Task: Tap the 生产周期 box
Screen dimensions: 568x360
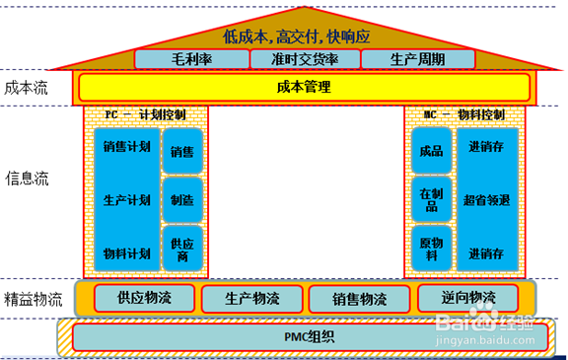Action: click(418, 59)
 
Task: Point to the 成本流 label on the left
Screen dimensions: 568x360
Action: click(27, 87)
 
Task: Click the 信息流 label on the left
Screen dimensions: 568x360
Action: click(27, 180)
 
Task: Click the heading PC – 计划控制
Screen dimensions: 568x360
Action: click(147, 114)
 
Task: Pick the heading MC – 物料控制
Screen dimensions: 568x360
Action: click(464, 114)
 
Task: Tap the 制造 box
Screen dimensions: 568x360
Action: click(181, 199)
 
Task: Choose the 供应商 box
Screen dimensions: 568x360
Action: click(181, 250)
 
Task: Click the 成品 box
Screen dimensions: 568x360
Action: click(431, 151)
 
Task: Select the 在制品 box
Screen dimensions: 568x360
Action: click(431, 199)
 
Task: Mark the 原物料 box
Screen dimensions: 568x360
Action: click(431, 250)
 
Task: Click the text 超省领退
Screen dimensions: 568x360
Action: click(487, 200)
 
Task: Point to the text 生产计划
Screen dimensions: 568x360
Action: click(126, 200)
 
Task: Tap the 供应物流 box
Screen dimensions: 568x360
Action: click(145, 298)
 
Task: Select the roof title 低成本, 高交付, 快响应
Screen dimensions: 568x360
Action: click(295, 35)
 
